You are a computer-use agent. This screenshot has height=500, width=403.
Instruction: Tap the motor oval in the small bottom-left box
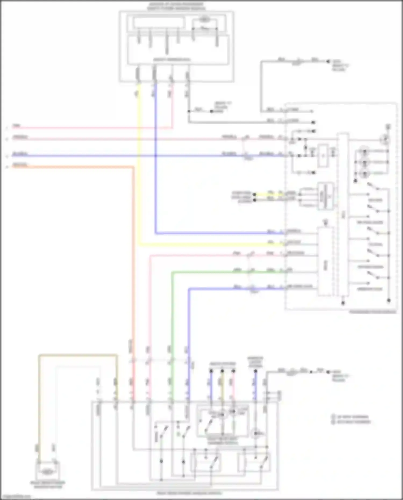point(48,471)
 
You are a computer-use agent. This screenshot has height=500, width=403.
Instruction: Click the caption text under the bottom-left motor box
point(48,485)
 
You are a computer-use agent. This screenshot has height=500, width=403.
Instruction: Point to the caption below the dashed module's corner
point(373,312)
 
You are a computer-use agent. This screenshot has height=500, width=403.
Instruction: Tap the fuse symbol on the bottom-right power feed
point(291,372)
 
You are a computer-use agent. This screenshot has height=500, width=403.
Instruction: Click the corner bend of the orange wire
point(133,167)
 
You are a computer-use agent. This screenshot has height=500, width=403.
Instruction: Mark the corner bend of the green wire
point(172,272)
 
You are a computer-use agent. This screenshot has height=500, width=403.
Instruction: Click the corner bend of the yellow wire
point(139,244)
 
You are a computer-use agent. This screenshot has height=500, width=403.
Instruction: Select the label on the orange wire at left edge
point(20,165)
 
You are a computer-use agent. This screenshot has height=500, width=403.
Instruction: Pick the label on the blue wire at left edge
point(20,154)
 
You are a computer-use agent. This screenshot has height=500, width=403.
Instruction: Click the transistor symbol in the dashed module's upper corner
point(386,139)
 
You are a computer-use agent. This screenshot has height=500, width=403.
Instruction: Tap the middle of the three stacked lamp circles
point(364,162)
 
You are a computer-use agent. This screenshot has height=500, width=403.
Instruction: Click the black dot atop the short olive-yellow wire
point(222,371)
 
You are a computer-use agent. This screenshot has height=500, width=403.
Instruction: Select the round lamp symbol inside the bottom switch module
point(255,433)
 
